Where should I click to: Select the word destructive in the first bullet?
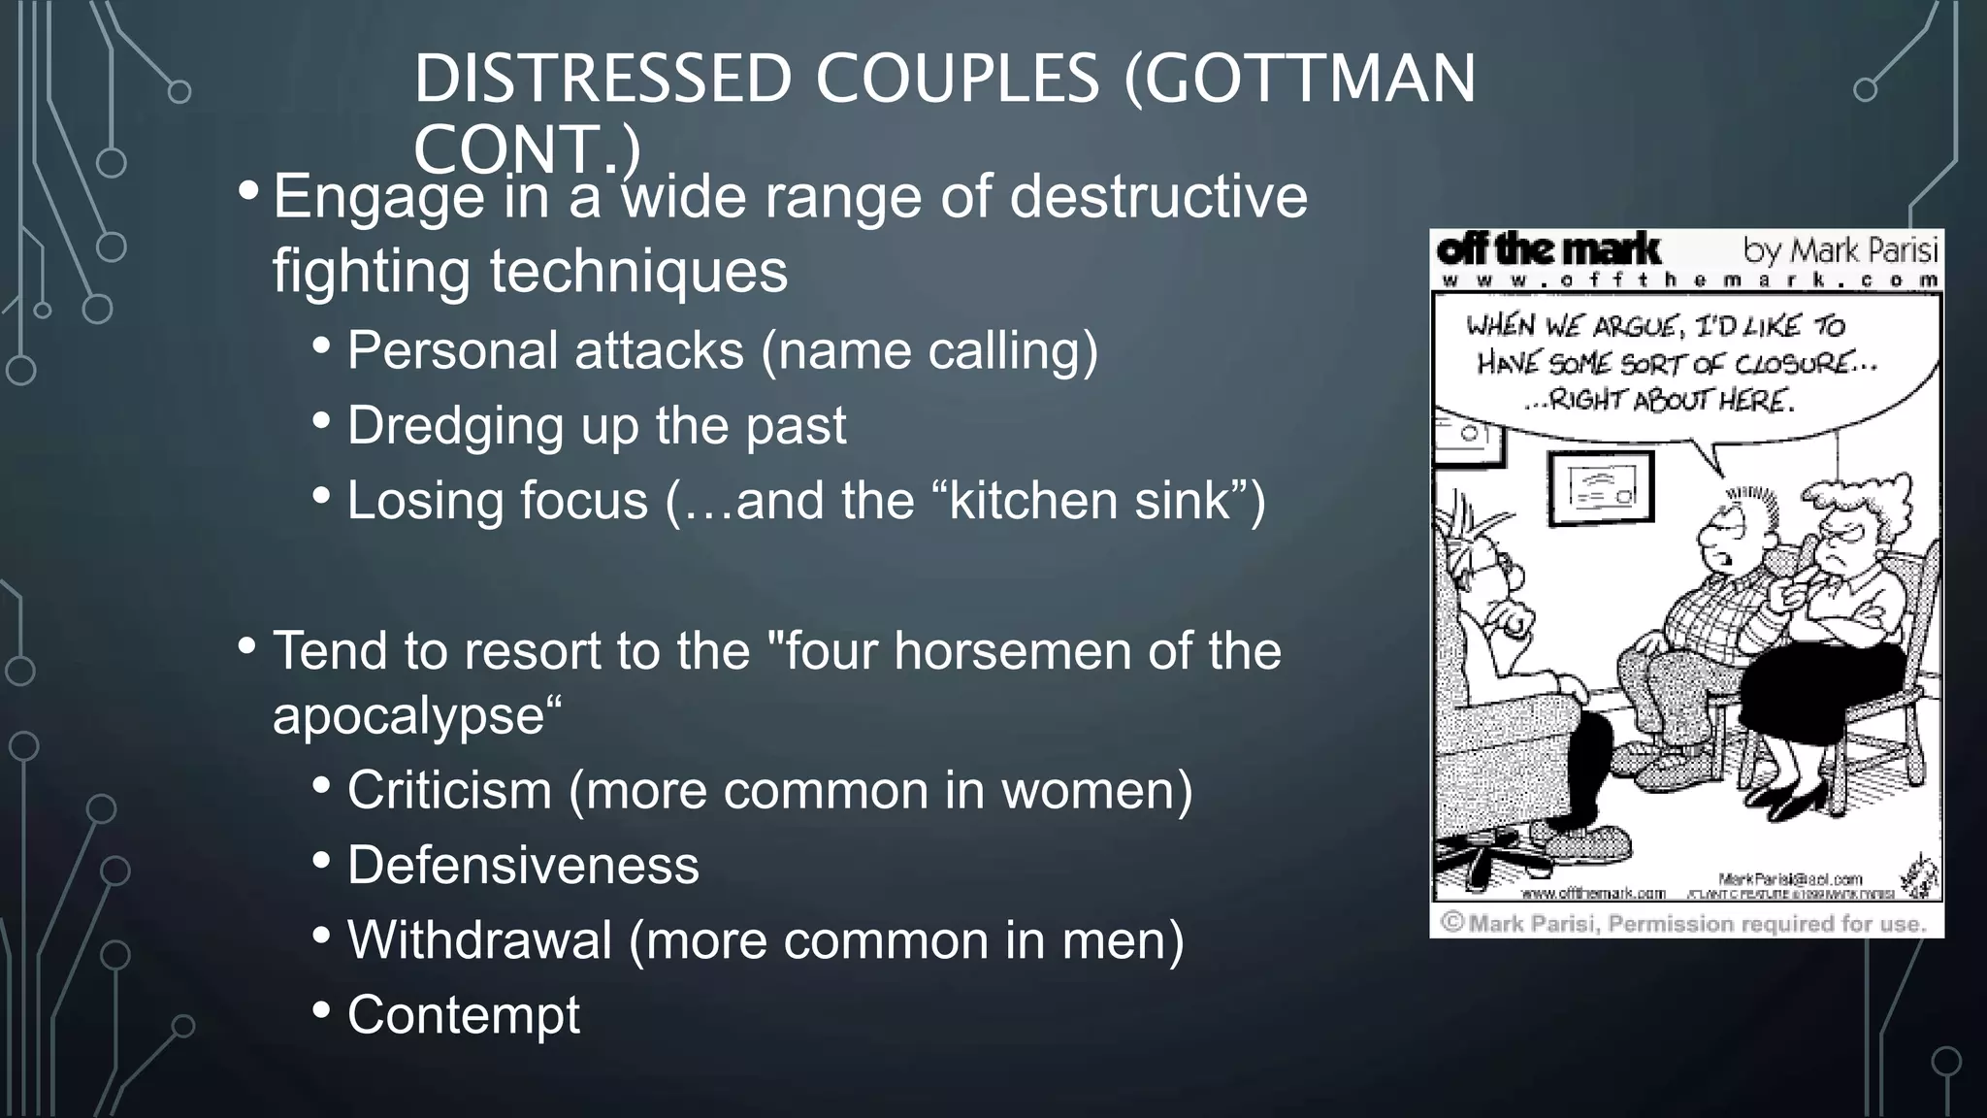1158,197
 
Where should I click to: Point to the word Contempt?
463,1015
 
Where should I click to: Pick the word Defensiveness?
523,866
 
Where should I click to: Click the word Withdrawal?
479,940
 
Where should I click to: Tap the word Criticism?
449,790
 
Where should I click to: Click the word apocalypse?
408,716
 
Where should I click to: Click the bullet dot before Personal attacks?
322,347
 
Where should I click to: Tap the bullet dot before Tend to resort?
247,646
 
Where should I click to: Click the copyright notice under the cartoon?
1683,924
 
